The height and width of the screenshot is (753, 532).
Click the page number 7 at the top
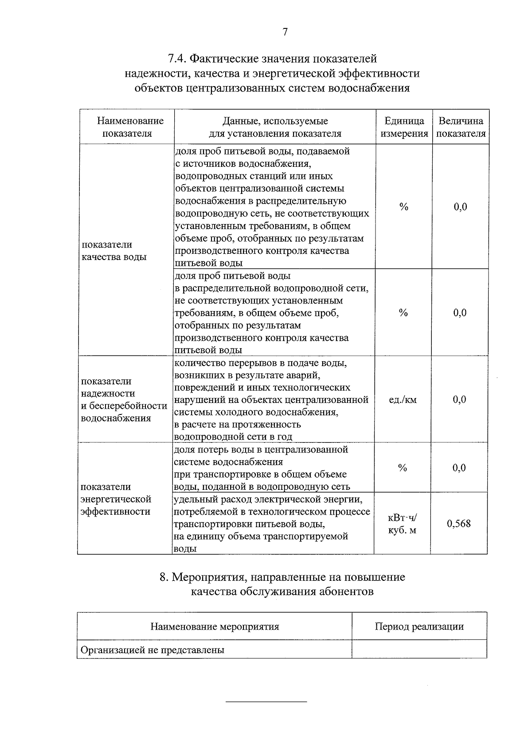click(285, 32)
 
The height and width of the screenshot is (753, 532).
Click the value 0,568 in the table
click(459, 524)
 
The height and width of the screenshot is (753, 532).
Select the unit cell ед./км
click(403, 400)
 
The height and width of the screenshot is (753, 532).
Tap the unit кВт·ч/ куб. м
click(403, 524)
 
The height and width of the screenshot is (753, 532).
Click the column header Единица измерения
click(404, 127)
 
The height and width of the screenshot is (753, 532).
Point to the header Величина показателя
click(461, 127)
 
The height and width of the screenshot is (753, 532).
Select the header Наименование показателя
click(130, 127)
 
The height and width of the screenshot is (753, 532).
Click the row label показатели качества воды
click(114, 251)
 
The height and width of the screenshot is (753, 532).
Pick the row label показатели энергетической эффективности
click(116, 499)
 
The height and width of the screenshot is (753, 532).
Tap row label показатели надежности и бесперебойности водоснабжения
click(124, 399)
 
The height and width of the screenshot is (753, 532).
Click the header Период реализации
click(419, 627)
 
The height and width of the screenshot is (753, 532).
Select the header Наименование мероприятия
click(215, 627)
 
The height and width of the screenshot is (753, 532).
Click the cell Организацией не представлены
click(152, 650)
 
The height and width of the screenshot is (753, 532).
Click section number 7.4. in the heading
click(178, 59)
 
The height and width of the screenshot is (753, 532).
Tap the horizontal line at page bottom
click(266, 702)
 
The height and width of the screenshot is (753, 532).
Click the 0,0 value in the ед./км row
click(459, 400)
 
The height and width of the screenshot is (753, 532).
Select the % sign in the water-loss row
click(403, 468)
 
